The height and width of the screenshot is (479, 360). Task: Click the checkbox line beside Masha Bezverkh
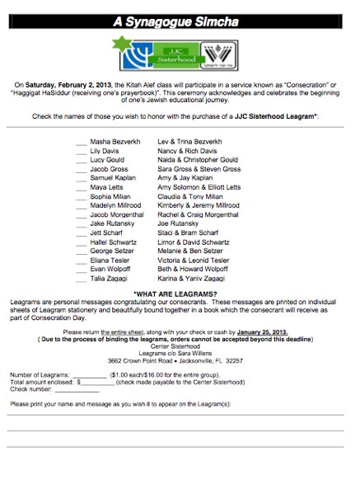point(81,144)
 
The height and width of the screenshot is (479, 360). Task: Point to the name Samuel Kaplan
point(111,178)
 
